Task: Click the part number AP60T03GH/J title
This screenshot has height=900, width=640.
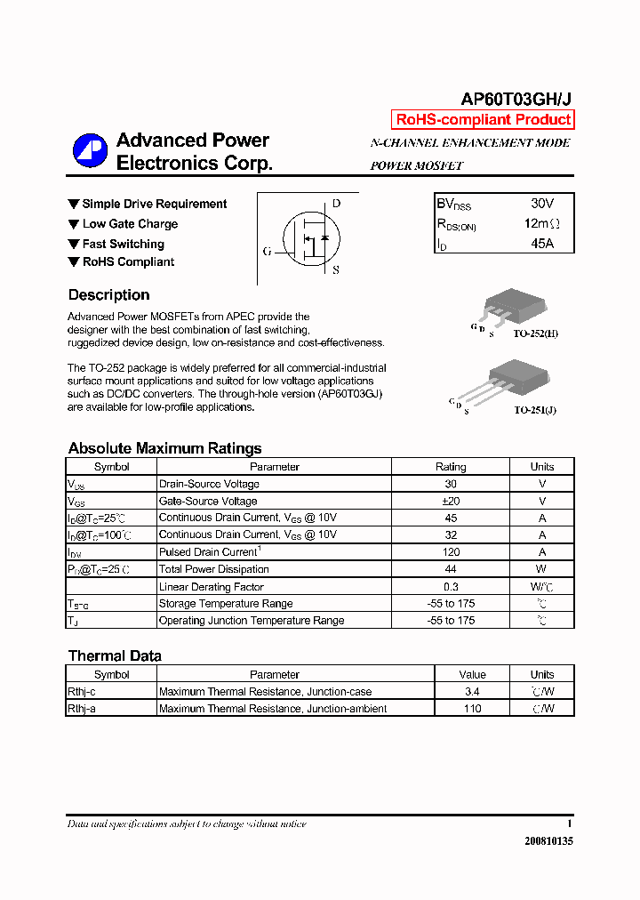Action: pos(516,100)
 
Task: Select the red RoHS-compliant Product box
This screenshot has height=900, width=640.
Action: pos(483,120)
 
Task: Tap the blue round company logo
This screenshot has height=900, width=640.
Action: pos(90,151)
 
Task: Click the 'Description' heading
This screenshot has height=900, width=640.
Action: pos(108,295)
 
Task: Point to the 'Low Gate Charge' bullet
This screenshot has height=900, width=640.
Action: pos(130,224)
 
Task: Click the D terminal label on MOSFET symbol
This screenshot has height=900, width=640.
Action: pos(336,203)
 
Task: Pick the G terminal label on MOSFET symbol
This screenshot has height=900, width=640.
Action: pos(267,252)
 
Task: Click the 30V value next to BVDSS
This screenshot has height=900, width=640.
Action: pos(541,204)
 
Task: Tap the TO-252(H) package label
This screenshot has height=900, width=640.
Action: pos(535,333)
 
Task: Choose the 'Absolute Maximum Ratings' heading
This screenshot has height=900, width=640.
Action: pos(164,448)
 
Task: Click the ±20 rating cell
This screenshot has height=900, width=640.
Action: pos(451,501)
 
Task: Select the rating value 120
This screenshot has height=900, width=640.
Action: pos(451,552)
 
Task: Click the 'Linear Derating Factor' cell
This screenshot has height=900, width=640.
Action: pos(212,587)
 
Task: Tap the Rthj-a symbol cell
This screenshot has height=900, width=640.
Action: pos(82,709)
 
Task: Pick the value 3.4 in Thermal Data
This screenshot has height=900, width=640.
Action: pos(472,692)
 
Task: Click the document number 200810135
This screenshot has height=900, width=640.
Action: pos(548,841)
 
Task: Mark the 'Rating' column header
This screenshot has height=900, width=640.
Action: pos(451,467)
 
